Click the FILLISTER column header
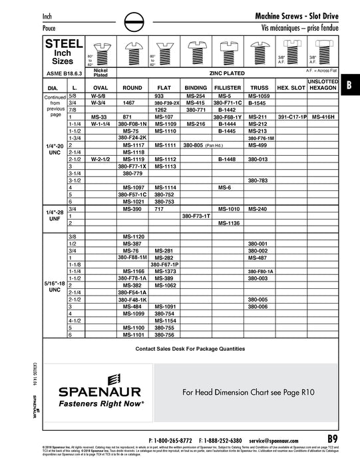tap(228, 87)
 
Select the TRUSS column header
tap(259, 87)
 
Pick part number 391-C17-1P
tap(291, 116)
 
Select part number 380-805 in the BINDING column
tap(199, 145)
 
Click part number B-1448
tap(228, 160)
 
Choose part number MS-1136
tap(228, 223)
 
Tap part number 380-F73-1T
tap(196, 216)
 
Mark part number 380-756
tap(165, 335)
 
